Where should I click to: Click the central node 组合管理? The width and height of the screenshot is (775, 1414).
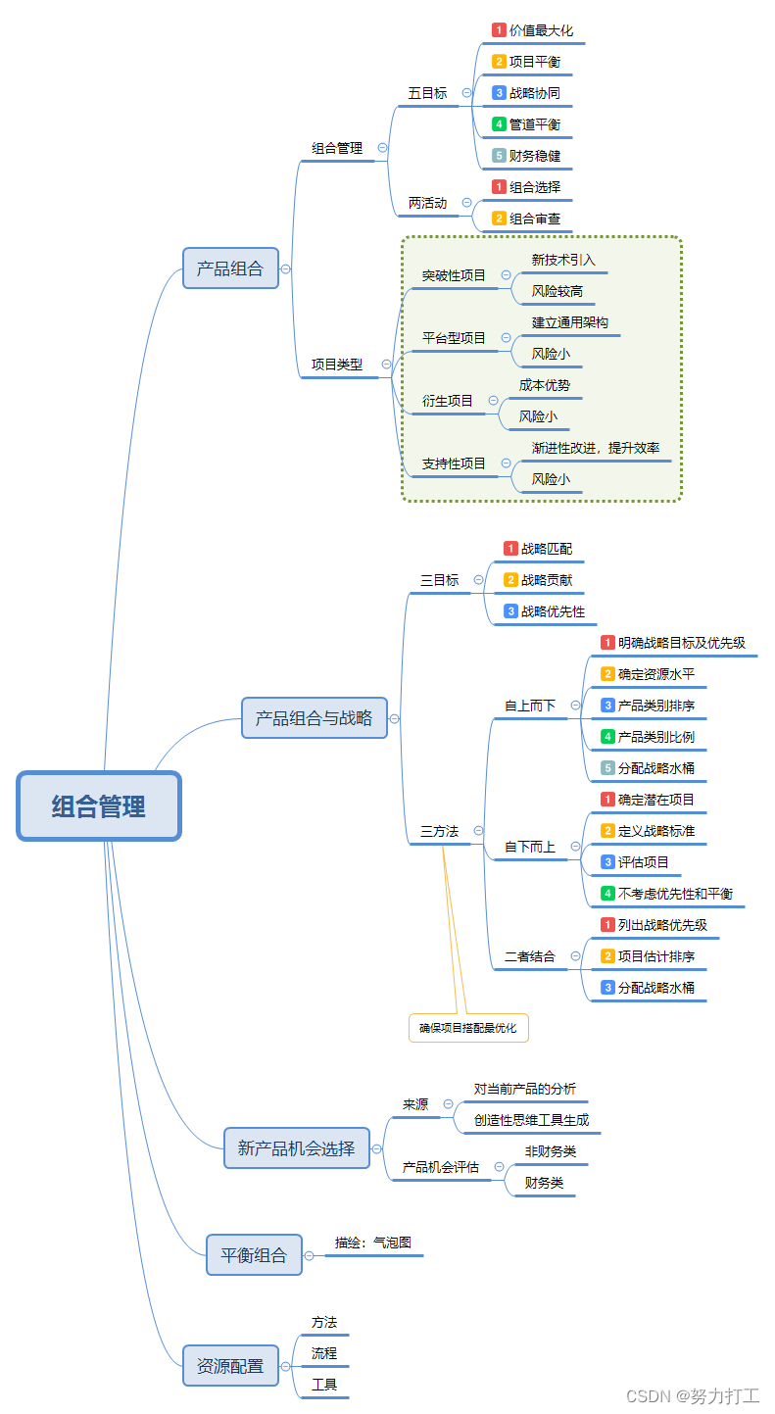click(99, 806)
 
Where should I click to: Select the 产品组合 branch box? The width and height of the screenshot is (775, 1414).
click(230, 268)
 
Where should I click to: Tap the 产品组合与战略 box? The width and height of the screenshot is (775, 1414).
click(314, 718)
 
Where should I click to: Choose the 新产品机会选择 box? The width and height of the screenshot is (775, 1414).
click(297, 1147)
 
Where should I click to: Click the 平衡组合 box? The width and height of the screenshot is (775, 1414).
click(254, 1255)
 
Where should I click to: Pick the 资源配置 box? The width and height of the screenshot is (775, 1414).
click(230, 1365)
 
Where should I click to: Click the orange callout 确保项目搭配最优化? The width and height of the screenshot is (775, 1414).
click(467, 1028)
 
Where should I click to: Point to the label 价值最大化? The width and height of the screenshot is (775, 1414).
click(542, 30)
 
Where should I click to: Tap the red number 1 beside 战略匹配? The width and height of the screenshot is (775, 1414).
click(510, 549)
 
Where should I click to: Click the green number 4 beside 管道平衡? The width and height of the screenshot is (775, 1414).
click(499, 124)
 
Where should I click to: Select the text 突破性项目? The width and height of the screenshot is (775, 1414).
click(454, 275)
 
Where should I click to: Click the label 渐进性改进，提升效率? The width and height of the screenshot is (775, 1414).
click(596, 448)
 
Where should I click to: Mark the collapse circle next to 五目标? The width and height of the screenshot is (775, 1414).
click(466, 93)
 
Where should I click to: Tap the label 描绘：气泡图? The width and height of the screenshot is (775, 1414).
click(373, 1243)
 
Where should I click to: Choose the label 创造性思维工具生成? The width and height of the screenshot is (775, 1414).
click(532, 1120)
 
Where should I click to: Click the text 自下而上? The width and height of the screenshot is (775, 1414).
click(530, 847)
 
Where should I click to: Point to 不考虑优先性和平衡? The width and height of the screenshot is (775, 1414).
click(675, 894)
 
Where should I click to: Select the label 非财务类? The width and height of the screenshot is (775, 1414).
click(551, 1151)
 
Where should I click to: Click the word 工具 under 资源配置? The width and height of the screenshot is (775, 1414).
click(324, 1385)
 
